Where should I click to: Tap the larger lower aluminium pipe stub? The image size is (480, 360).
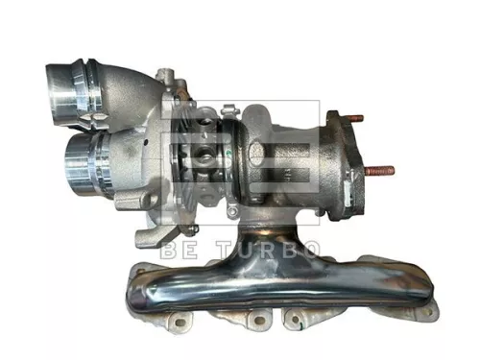[80, 158]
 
